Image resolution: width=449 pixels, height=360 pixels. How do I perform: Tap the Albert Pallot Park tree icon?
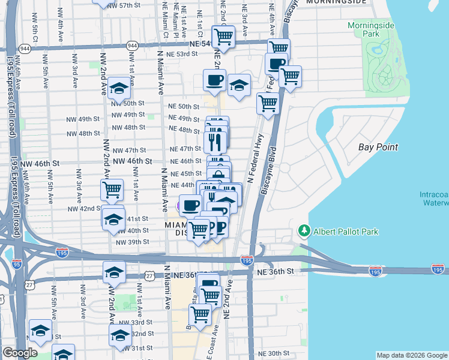click(x=304, y=231)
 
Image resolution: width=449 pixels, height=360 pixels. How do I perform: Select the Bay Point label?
click(x=378, y=147)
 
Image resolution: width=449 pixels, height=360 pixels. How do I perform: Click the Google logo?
click(x=20, y=353)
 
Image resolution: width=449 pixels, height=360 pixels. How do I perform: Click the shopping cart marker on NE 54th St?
click(x=223, y=37)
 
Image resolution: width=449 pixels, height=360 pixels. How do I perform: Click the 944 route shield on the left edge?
click(x=25, y=47)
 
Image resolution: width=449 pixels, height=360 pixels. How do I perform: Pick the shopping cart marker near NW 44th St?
click(x=112, y=190)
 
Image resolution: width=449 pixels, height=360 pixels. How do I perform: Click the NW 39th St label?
click(x=131, y=242)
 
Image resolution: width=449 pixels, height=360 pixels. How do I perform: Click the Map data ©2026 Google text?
click(x=412, y=355)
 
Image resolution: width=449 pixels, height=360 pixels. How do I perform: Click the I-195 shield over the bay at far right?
click(x=437, y=271)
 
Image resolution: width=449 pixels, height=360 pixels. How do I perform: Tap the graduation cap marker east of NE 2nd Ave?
click(x=238, y=85)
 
